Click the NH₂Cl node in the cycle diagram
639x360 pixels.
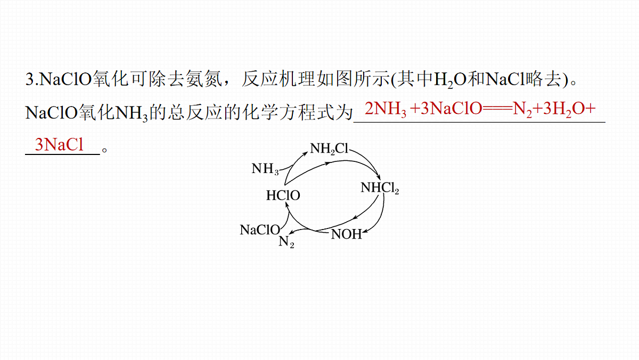coord(329,149)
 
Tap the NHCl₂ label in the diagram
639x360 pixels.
coord(380,188)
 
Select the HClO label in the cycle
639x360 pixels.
coord(283,195)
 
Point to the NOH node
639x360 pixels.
coord(346,234)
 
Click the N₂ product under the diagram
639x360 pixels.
coord(286,242)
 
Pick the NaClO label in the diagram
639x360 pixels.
coord(260,230)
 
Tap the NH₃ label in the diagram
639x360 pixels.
coord(265,169)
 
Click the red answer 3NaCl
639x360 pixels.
coord(59,144)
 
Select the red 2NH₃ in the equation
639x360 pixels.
coord(386,109)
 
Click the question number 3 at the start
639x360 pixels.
coord(30,79)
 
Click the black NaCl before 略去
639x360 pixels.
coord(505,79)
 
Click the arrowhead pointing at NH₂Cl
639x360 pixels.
coord(306,153)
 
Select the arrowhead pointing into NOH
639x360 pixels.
coord(364,232)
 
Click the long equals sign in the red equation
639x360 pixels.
coord(497,109)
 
